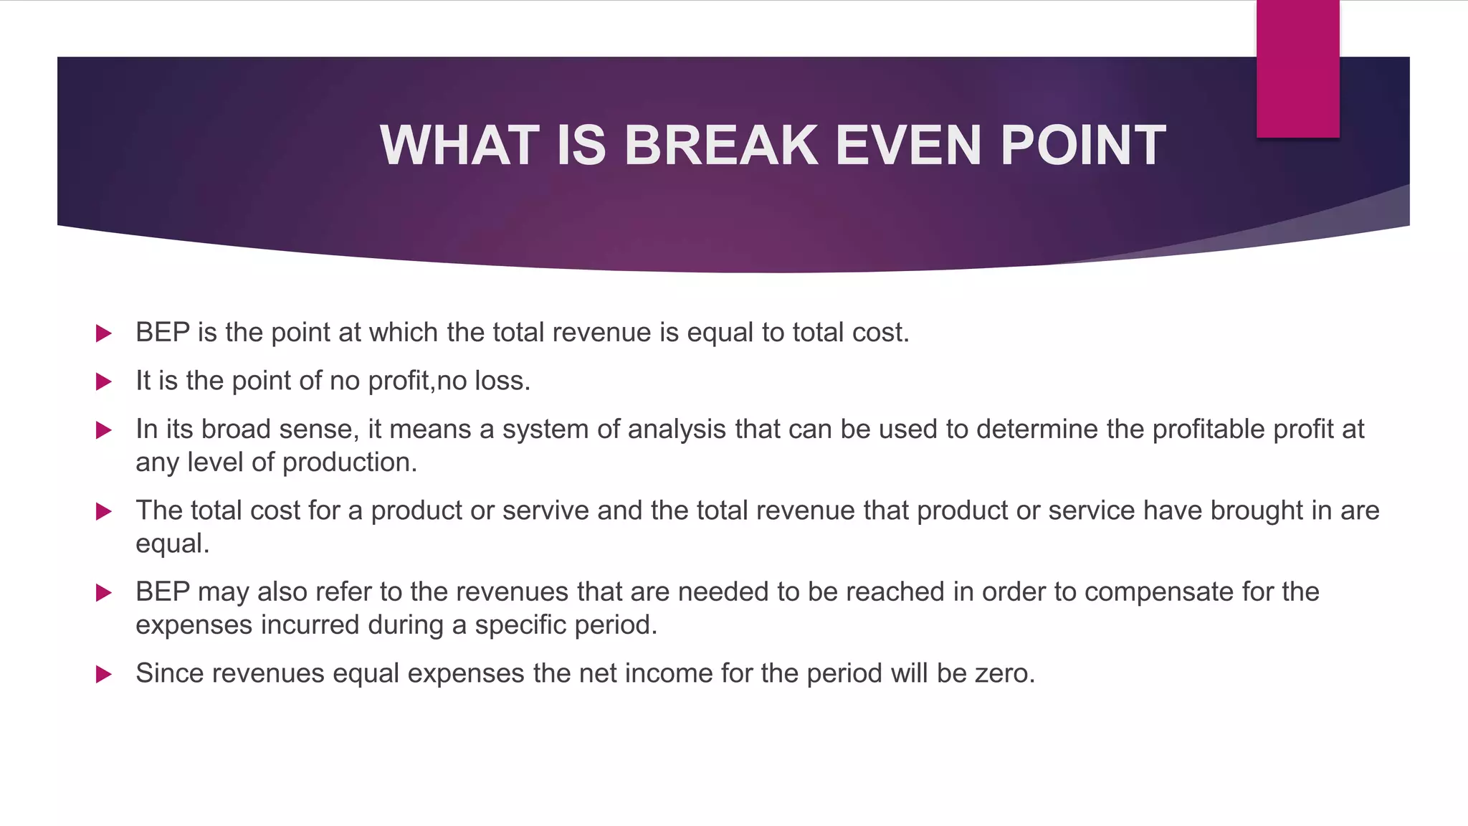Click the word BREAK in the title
coord(720,146)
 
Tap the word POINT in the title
coord(1082,146)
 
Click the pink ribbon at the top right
coord(1297,69)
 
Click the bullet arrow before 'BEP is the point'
coord(104,333)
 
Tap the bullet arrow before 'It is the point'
coord(104,381)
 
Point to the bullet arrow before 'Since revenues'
coord(104,674)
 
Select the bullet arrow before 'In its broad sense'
coord(104,430)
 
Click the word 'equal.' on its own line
coord(172,544)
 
